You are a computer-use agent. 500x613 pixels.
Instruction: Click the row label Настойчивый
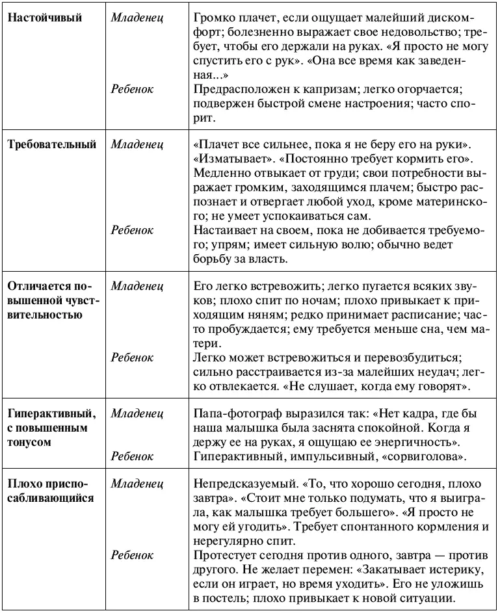pyautogui.click(x=45, y=18)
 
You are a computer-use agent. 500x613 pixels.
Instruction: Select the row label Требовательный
pyautogui.click(x=51, y=144)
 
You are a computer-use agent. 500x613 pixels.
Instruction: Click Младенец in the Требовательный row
pyautogui.click(x=137, y=144)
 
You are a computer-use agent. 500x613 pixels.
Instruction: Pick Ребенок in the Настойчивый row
pyautogui.click(x=132, y=89)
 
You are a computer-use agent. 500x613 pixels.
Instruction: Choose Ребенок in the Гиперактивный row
pyautogui.click(x=132, y=457)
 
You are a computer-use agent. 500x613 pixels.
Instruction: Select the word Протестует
pyautogui.click(x=224, y=555)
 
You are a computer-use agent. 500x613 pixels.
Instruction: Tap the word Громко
pyautogui.click(x=212, y=18)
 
